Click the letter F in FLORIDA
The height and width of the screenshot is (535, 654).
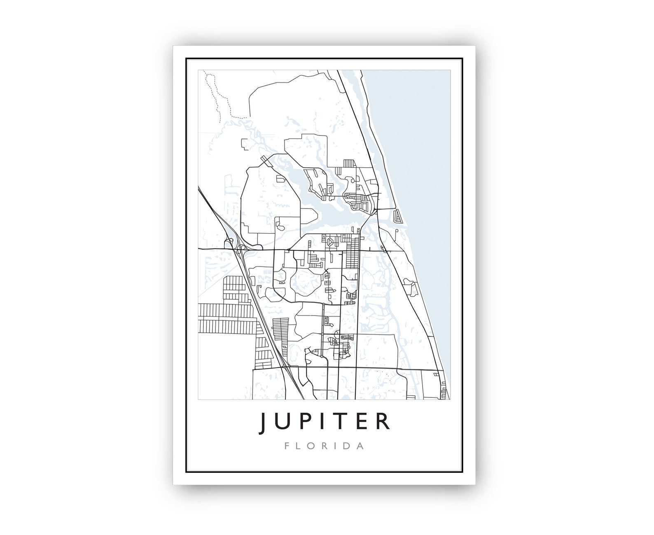pos(290,446)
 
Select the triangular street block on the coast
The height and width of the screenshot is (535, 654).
pos(398,216)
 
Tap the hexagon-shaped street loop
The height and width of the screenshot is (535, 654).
pos(330,243)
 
